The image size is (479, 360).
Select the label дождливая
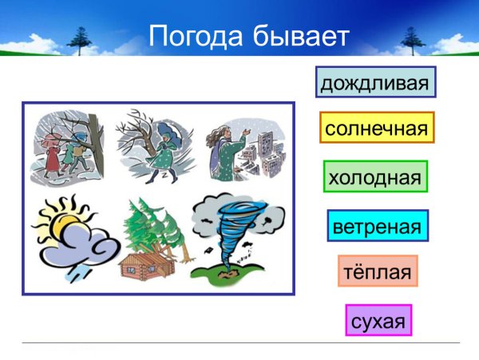click(376, 82)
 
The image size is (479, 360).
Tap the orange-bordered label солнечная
click(377, 128)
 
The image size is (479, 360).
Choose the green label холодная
click(375, 176)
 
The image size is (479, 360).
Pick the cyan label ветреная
click(378, 226)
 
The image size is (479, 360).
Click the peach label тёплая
click(378, 271)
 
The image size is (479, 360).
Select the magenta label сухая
click(378, 321)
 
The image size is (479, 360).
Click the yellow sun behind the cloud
click(61, 219)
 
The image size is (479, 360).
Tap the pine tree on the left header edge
click(81, 36)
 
